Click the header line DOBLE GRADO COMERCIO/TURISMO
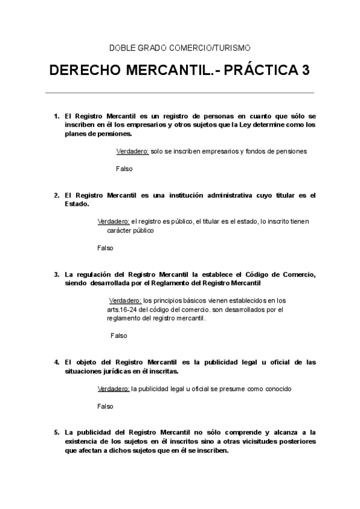pyautogui.click(x=179, y=47)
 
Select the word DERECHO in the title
pyautogui.click(x=83, y=71)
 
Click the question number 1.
pyautogui.click(x=56, y=115)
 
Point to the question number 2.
pyautogui.click(x=56, y=195)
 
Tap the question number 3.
pyautogui.click(x=56, y=274)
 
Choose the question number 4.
pyautogui.click(x=56, y=362)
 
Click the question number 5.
pyautogui.click(x=56, y=432)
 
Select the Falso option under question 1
pyautogui.click(x=124, y=169)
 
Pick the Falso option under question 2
pyautogui.click(x=105, y=248)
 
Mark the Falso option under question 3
pyautogui.click(x=119, y=336)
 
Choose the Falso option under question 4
pyautogui.click(x=105, y=406)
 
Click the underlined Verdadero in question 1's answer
pyautogui.click(x=133, y=151)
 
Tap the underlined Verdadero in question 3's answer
pyautogui.click(x=125, y=300)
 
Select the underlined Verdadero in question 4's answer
pyautogui.click(x=113, y=389)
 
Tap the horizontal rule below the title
pyautogui.click(x=179, y=93)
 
